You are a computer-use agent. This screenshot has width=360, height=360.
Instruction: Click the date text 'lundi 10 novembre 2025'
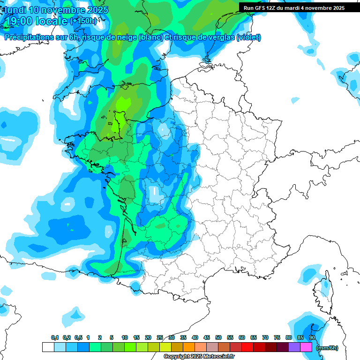56,10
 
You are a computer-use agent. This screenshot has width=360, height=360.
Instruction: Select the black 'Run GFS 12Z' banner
293,7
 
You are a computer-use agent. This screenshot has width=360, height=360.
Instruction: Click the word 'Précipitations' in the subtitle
27,37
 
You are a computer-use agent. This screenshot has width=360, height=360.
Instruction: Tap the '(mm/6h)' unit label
327,348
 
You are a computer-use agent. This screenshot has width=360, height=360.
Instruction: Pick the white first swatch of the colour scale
48,347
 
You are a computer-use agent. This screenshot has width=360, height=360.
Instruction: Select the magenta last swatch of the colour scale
306,347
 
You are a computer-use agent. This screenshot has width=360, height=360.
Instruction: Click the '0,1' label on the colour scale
54,338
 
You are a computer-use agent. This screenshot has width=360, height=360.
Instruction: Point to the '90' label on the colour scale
312,338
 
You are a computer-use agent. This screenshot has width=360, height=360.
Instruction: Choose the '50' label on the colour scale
218,338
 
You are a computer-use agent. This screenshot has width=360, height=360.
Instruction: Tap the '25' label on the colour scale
160,338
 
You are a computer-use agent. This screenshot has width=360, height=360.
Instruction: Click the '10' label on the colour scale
125,338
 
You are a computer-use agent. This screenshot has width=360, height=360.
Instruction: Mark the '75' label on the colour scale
277,338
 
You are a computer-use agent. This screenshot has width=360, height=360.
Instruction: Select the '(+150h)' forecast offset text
83,21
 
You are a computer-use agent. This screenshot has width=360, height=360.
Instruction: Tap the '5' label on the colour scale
112,338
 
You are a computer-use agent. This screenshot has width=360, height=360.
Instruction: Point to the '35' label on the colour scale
183,338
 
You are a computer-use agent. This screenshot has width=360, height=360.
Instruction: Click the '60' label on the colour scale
242,338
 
